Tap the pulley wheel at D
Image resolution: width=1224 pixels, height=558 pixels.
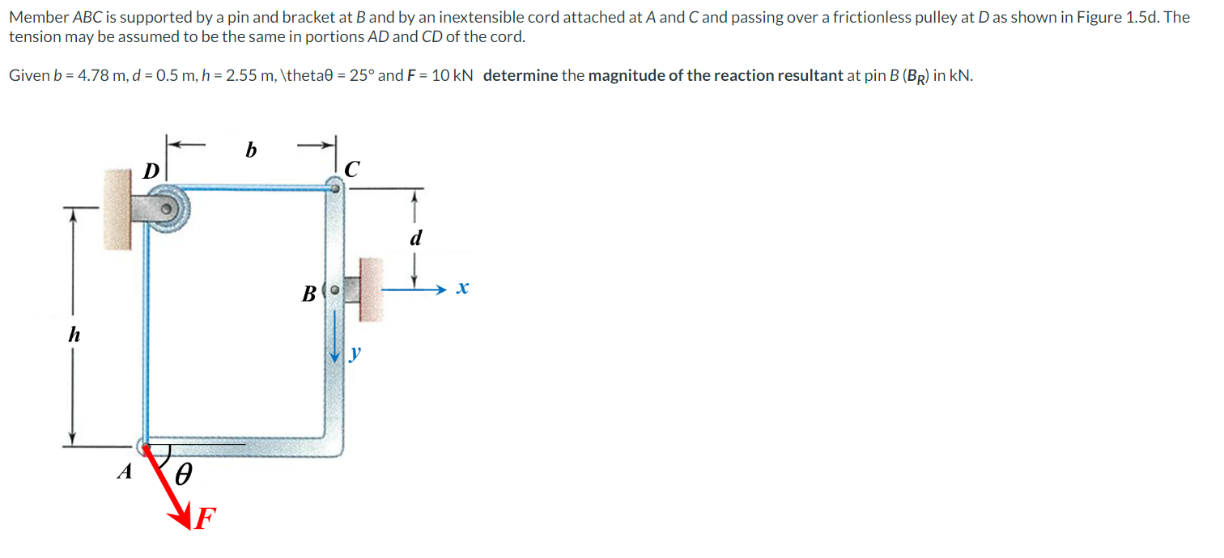168,208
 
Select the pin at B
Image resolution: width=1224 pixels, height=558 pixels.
334,289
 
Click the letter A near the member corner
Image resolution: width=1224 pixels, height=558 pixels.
124,472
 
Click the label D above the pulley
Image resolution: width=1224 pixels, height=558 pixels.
151,171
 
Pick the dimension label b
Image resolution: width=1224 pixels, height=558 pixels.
251,150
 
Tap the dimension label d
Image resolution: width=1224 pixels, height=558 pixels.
416,239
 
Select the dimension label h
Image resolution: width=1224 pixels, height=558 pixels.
74,335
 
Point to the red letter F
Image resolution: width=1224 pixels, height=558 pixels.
207,517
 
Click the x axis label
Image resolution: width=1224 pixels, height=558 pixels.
462,288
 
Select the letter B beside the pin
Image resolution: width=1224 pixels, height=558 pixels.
308,294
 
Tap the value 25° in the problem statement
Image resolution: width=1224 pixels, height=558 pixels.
356,76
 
